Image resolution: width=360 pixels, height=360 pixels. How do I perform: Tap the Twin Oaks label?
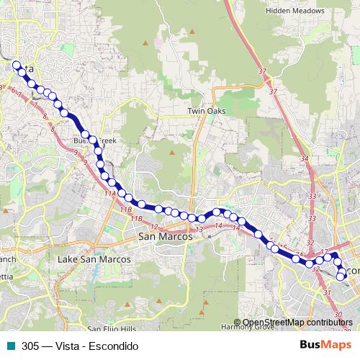[207, 111]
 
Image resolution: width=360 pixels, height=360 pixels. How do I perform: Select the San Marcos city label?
[166, 237]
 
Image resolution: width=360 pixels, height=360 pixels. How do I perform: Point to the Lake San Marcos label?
[94, 258]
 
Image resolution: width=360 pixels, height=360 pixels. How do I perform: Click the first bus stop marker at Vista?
[16, 65]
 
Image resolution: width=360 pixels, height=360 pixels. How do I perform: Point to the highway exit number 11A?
[109, 194]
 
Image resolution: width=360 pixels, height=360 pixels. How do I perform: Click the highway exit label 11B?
[127, 209]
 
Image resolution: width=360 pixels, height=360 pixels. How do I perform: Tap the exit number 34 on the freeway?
[305, 159]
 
